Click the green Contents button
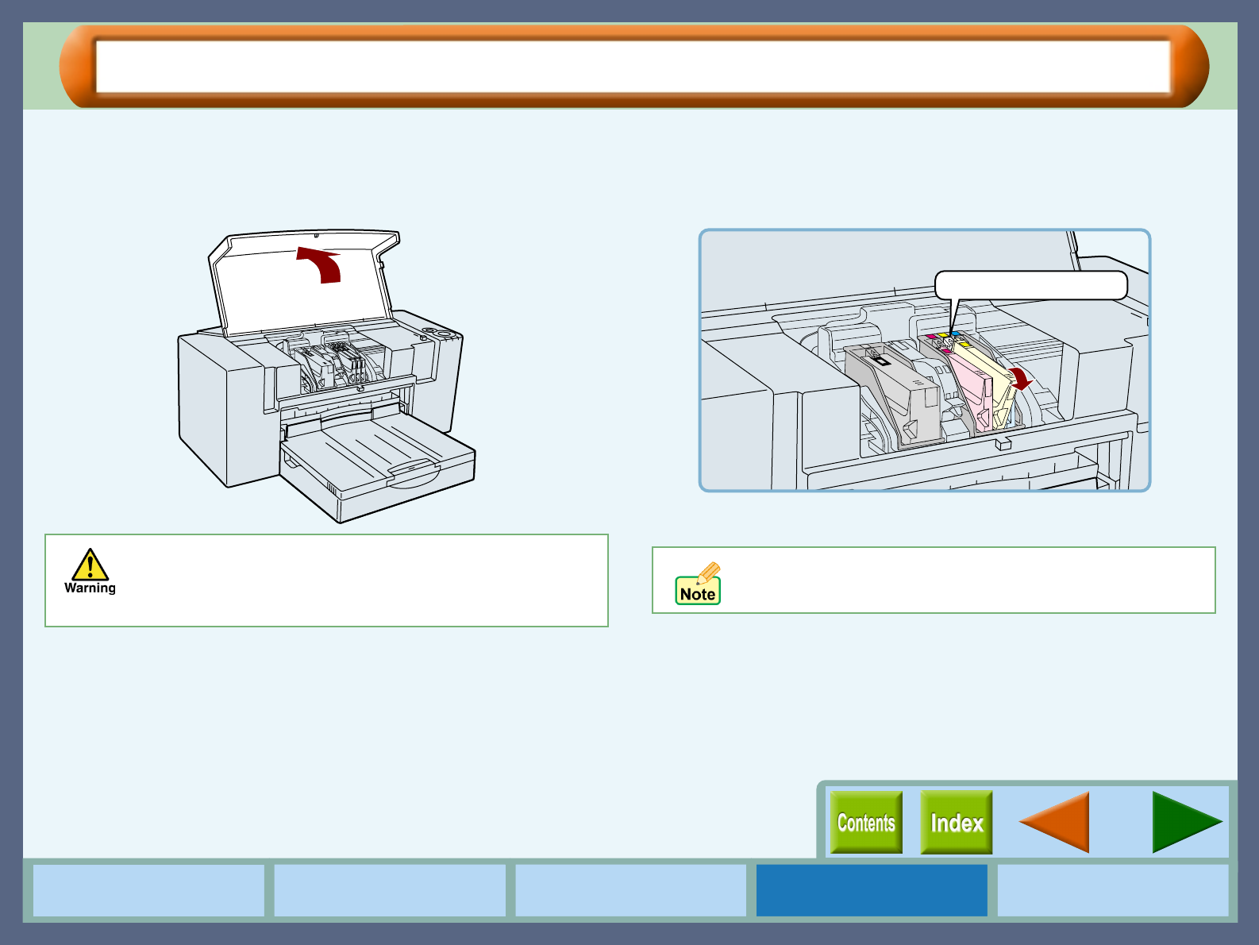pyautogui.click(x=866, y=822)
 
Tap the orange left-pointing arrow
pyautogui.click(x=1054, y=822)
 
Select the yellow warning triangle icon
pyautogui.click(x=90, y=565)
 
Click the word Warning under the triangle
pyautogui.click(x=90, y=588)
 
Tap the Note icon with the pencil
pyautogui.click(x=698, y=584)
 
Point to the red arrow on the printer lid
pyautogui.click(x=321, y=264)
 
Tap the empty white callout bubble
pyautogui.click(x=1030, y=285)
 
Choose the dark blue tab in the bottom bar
pyautogui.click(x=872, y=890)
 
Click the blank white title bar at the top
pyautogui.click(x=633, y=67)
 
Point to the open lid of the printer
pyautogui.click(x=304, y=281)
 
